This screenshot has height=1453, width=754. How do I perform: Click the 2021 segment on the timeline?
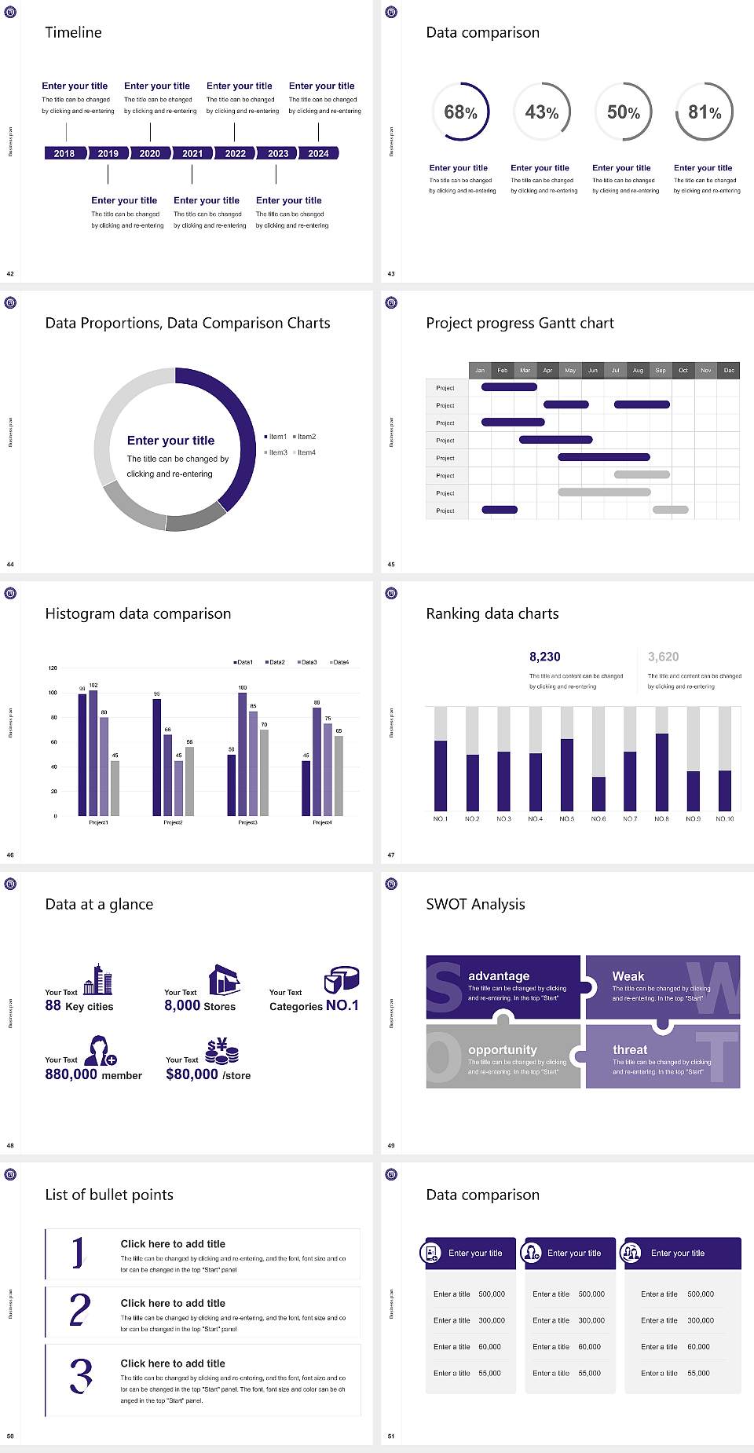point(192,153)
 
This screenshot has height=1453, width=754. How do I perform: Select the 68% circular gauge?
point(460,112)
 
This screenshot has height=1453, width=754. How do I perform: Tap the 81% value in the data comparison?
point(705,112)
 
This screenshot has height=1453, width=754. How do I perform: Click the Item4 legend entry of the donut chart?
point(306,452)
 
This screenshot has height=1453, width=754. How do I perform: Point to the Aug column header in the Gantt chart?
point(638,370)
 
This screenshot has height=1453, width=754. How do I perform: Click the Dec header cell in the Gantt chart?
point(729,370)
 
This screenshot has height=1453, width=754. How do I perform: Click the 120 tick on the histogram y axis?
point(53,668)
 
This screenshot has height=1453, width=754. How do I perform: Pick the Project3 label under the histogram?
point(247,822)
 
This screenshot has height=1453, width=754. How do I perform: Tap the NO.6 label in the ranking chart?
point(598,818)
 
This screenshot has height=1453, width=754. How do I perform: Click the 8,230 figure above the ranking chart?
point(544,657)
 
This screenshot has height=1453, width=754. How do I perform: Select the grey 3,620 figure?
point(663,657)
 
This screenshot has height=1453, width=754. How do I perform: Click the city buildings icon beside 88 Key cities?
point(98,979)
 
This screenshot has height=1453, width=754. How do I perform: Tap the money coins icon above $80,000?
point(221,1050)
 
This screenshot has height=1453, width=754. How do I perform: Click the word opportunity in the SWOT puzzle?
point(503,1049)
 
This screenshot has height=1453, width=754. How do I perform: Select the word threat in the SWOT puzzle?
point(630,1049)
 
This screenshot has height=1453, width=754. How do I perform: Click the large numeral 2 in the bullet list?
point(80,1310)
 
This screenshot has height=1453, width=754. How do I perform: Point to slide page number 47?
point(391,855)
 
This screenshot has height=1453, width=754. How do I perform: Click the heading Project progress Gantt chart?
point(520,323)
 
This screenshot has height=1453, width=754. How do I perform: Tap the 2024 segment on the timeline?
point(318,153)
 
